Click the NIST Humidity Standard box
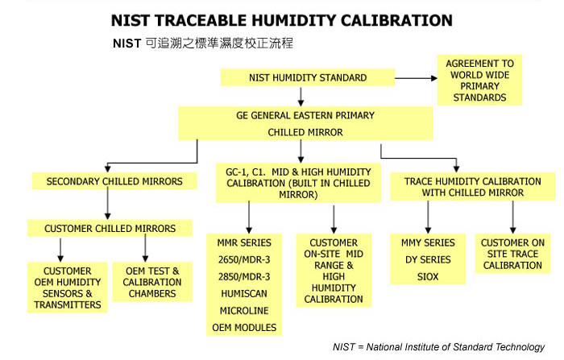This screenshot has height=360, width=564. pos(308,77)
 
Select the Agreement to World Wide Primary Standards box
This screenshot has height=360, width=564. pos(479,81)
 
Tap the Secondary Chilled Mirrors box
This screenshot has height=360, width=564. pos(114,181)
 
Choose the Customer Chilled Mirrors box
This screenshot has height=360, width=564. pos(110,229)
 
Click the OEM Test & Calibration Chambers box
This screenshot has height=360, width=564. pos(152,282)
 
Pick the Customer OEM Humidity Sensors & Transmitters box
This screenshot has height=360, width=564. pos(68,288)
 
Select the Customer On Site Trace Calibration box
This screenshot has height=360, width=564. pos(512,254)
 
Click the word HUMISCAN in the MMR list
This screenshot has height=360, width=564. pos(244,293)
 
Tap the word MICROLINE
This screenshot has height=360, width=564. pos(244,311)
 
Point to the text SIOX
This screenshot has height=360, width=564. pos(428,276)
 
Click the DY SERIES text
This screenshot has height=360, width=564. pos(428,259)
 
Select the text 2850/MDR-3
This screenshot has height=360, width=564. pos(244,276)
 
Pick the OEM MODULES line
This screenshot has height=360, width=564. pos(244,328)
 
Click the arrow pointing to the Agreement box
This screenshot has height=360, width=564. pos(417,78)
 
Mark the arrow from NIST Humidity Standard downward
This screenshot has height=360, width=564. pos(301,97)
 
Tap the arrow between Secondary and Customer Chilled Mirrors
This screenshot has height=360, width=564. pos(107,204)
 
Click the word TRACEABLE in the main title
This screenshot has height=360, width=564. pos(203,20)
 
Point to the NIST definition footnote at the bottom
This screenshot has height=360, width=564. pos(439,347)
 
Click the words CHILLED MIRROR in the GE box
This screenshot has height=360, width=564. pos(305,132)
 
